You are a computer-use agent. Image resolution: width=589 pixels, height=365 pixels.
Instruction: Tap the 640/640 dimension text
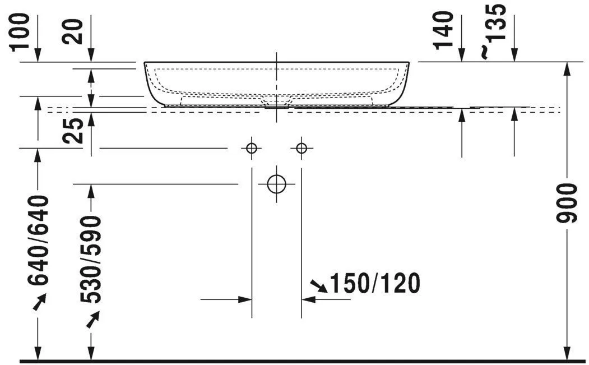pos(38,241)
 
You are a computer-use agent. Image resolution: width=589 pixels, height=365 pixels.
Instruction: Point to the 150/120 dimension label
pos(375,284)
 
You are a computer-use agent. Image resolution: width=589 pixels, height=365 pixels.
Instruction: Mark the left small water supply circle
pos(252,148)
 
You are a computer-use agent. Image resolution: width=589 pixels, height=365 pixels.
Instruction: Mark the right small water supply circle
pos(302,148)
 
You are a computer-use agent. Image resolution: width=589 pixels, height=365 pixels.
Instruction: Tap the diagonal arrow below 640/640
pos(39,303)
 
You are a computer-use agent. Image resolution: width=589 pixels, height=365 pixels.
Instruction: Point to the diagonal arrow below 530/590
pos(92,318)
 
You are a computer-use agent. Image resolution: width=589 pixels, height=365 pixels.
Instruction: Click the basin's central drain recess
pos(277,101)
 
